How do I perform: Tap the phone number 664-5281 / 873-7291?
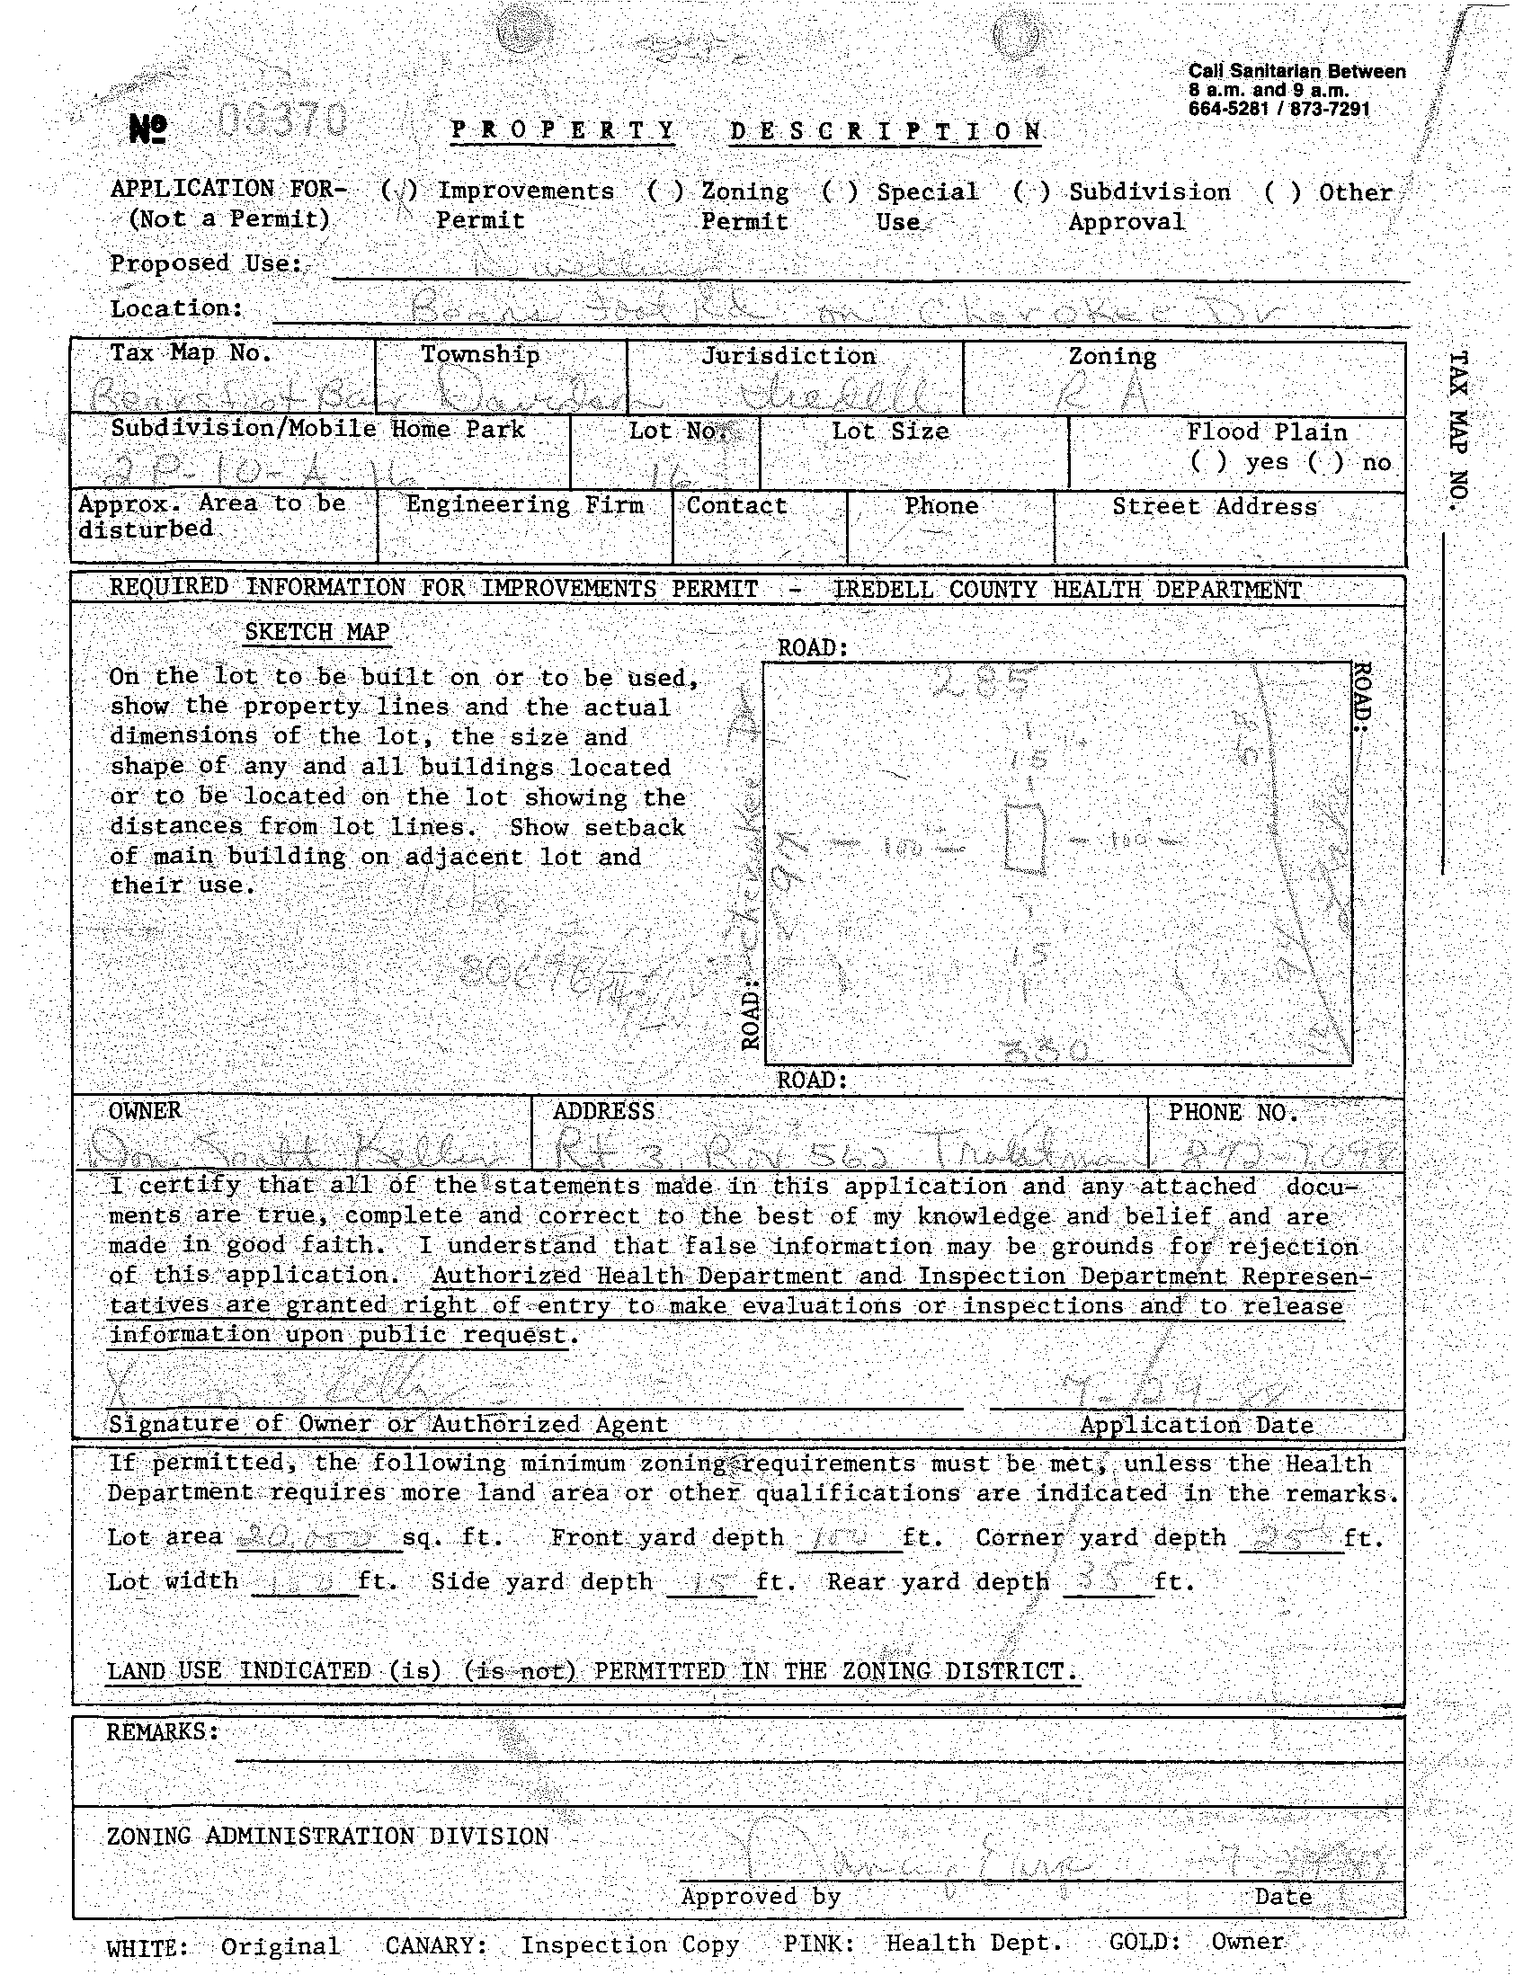(x=1278, y=110)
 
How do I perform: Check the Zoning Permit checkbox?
(x=664, y=191)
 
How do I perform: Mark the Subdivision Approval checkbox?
(x=1032, y=191)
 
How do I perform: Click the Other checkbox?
(x=1282, y=191)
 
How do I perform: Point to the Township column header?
(x=479, y=354)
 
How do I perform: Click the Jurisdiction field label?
(x=788, y=356)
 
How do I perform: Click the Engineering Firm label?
(x=524, y=504)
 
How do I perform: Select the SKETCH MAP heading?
(x=316, y=631)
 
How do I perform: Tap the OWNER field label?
(x=145, y=1110)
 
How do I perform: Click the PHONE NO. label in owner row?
(x=1233, y=1111)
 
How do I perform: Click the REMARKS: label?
(x=163, y=1730)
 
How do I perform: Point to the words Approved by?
(x=761, y=1895)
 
